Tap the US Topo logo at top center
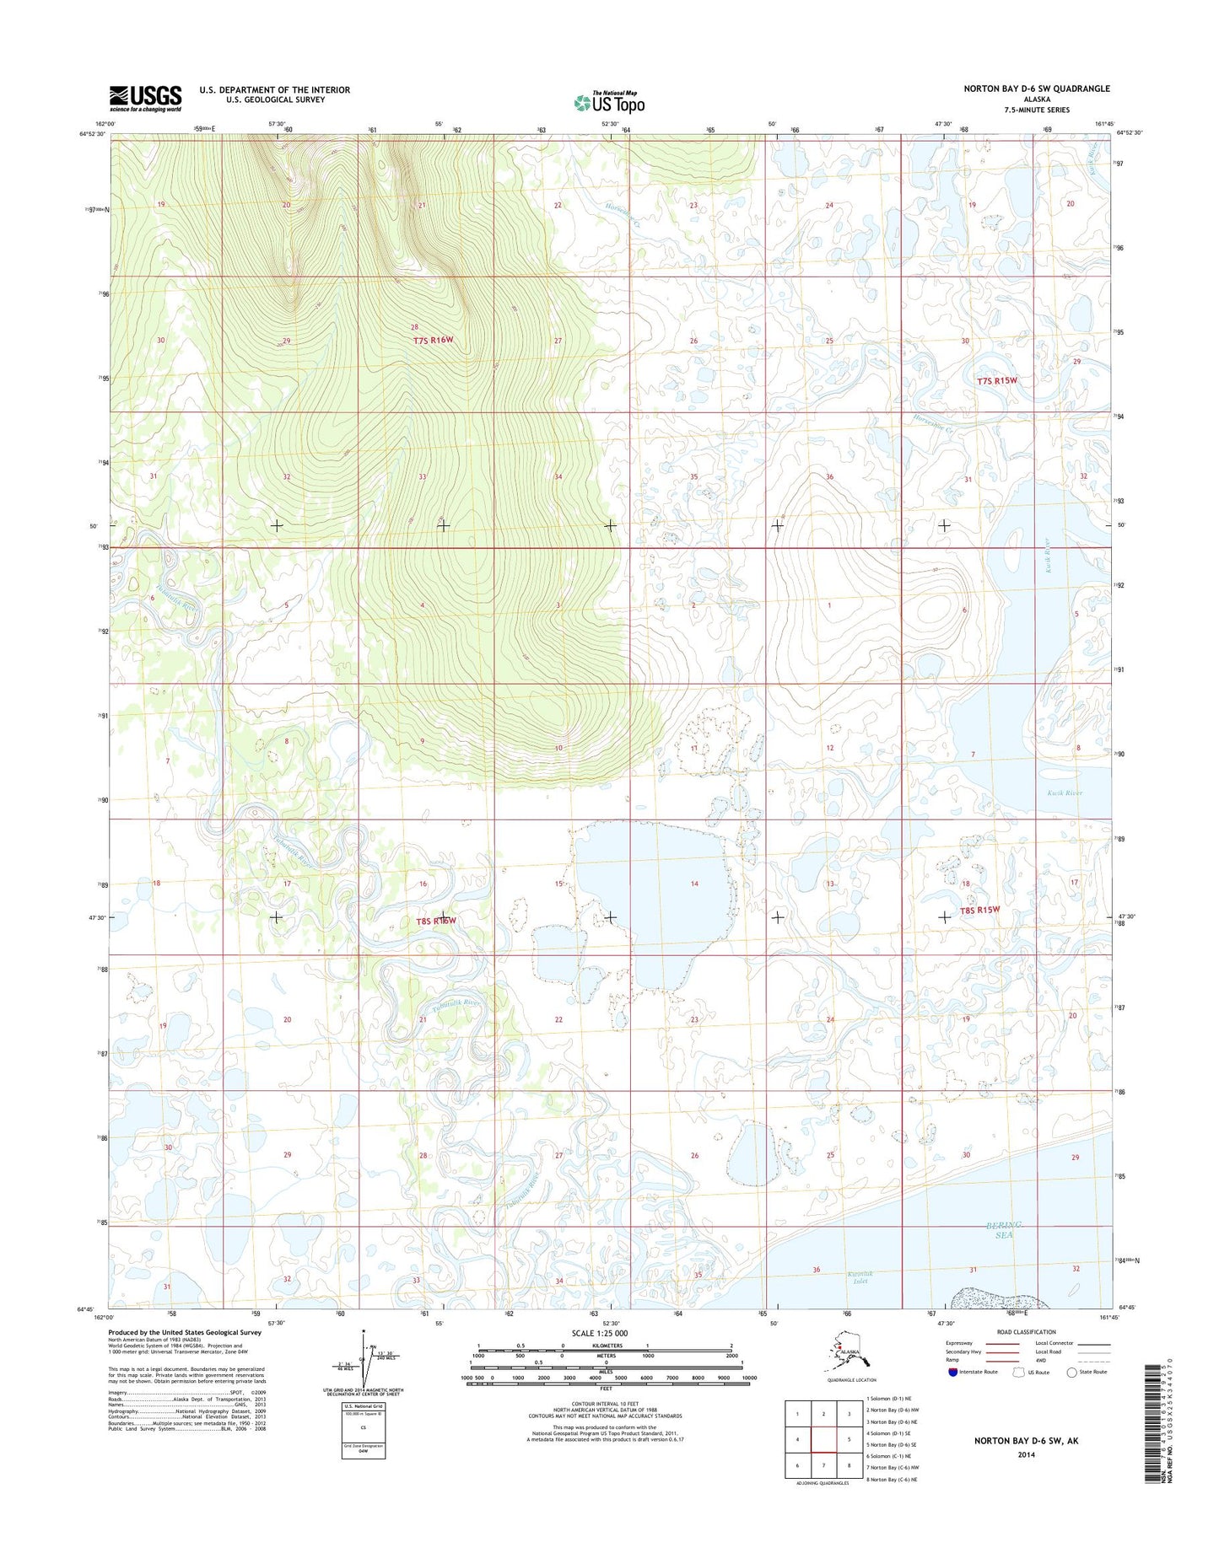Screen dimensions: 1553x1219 click(x=609, y=103)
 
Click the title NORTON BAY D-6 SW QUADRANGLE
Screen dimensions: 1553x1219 click(x=1037, y=89)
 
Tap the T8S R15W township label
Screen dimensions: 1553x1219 click(x=979, y=910)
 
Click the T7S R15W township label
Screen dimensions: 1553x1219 click(x=997, y=380)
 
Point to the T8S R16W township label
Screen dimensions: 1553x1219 click(x=435, y=921)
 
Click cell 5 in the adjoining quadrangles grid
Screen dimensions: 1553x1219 click(x=849, y=1439)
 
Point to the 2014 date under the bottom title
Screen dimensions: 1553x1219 click(x=1026, y=1454)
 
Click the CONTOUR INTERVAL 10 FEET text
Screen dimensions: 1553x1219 click(x=606, y=1403)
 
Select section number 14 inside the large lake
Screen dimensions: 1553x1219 click(x=694, y=884)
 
